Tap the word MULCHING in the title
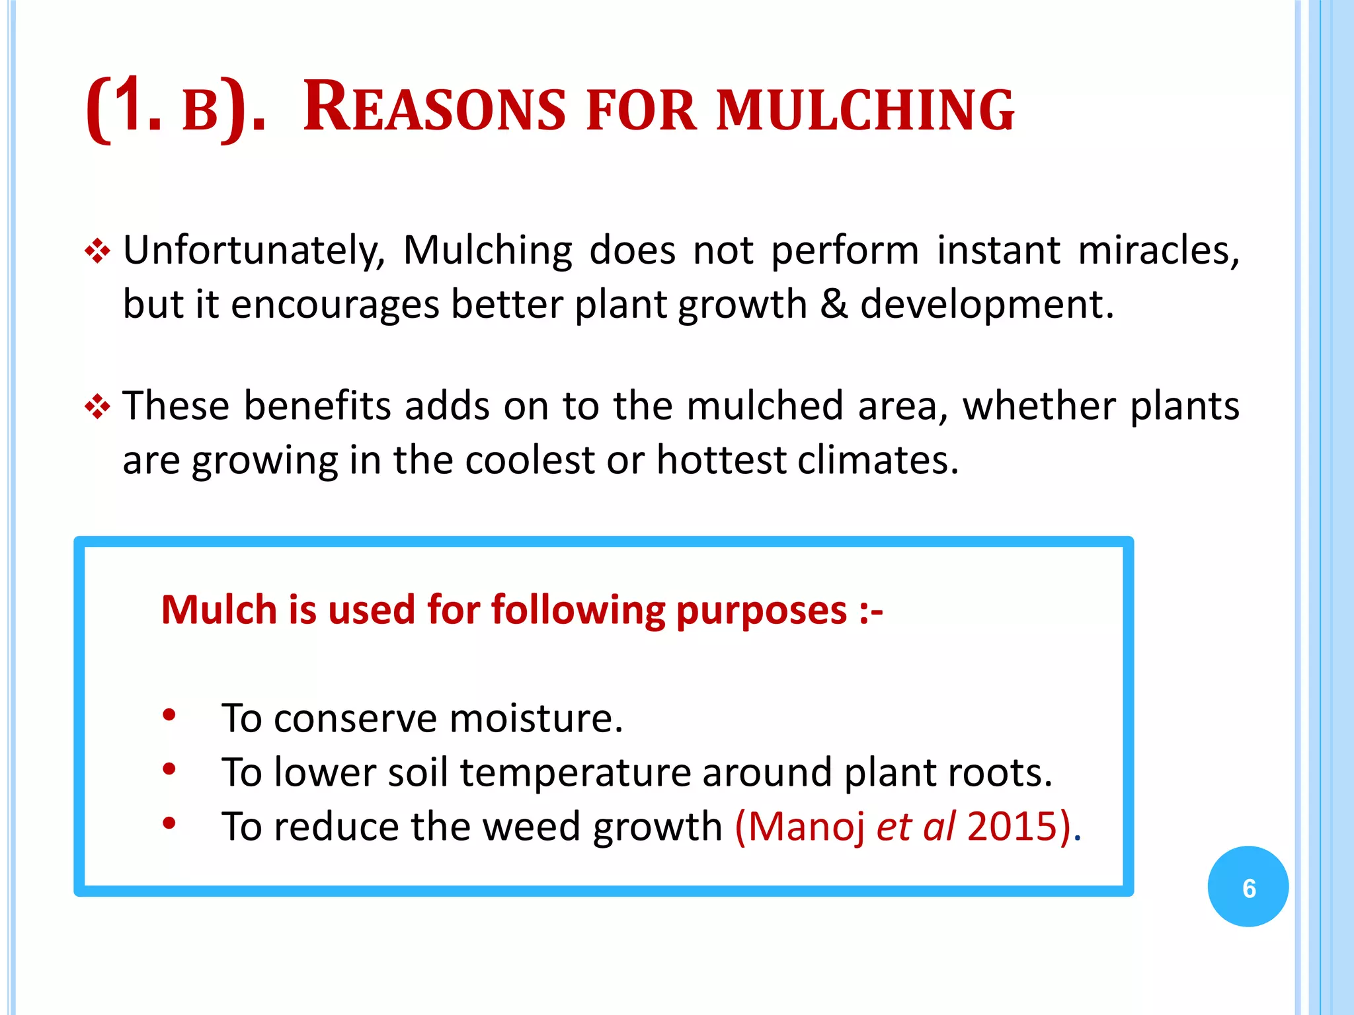pos(865,110)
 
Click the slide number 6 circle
pos(1248,887)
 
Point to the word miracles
pos(1158,251)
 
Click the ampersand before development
pos(834,305)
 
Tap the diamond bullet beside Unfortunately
pos(97,252)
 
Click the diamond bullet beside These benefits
pos(97,407)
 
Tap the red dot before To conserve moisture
pos(169,715)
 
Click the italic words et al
pos(916,827)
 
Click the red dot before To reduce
pos(169,823)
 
